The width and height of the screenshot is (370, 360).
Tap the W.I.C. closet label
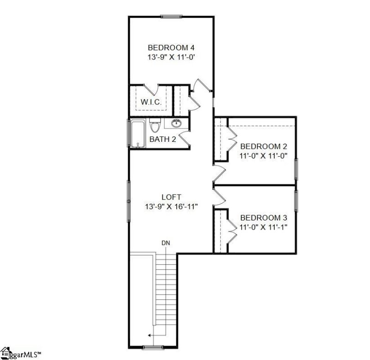click(x=151, y=102)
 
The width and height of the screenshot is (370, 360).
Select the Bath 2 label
click(x=162, y=139)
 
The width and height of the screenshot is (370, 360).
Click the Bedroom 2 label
click(x=261, y=146)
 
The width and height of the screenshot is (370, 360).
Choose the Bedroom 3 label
click(x=261, y=218)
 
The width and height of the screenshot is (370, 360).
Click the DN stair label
click(x=166, y=243)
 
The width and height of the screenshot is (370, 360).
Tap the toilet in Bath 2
click(x=155, y=126)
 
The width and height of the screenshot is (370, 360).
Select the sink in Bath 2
click(x=176, y=123)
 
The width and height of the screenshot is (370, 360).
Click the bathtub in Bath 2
click(x=137, y=134)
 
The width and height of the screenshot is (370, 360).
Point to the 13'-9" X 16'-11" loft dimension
click(x=171, y=207)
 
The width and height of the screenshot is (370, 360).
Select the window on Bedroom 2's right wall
click(x=296, y=170)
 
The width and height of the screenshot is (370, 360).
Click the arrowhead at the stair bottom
click(x=149, y=336)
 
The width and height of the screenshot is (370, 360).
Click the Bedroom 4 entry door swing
click(x=201, y=86)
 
